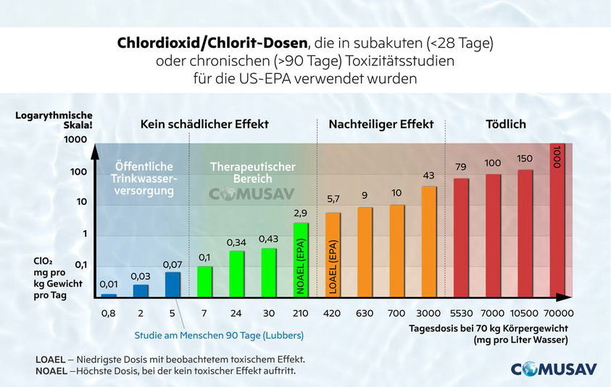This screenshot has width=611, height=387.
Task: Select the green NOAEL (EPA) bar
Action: point(301,259)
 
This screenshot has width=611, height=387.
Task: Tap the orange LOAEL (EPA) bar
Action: point(333,254)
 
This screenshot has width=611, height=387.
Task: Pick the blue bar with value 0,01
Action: point(109,295)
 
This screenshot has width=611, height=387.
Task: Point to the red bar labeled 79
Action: point(461,237)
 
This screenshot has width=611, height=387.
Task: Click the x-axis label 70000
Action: point(557,314)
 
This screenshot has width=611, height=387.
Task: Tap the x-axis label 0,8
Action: point(108,314)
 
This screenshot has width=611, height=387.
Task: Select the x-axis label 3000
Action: point(429,314)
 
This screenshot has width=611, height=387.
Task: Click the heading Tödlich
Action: point(505,125)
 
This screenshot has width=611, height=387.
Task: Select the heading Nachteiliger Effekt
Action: point(381,125)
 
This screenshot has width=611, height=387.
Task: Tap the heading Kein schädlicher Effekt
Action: point(204,125)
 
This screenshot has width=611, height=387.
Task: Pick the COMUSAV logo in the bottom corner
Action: point(554,368)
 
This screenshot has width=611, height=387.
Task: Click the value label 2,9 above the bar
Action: point(301,213)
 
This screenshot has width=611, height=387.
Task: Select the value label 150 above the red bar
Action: point(525,159)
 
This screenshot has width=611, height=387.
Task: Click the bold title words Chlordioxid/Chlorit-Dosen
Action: point(211,43)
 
